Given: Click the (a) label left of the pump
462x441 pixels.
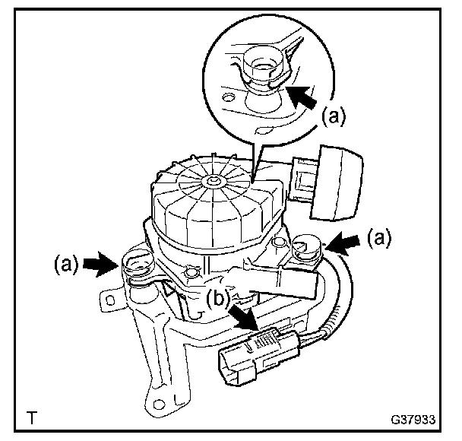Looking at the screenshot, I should point(66,266).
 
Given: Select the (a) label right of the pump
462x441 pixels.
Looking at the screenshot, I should point(378,238).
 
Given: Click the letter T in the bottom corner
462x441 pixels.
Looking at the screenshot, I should point(32,417).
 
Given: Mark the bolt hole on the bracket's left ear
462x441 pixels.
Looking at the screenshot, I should point(111,300).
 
